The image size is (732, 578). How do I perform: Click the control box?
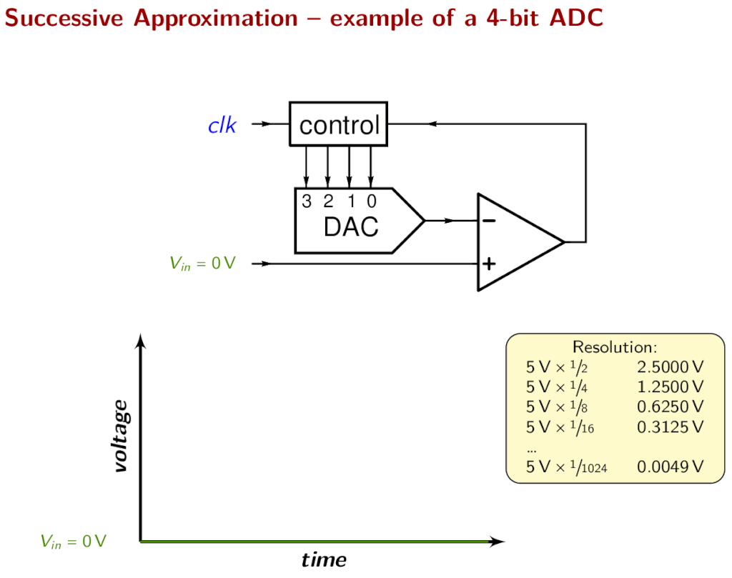click(338, 124)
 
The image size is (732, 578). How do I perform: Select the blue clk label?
click(222, 126)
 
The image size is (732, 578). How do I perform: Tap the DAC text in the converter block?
click(350, 227)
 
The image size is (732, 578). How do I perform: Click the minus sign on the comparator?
click(489, 221)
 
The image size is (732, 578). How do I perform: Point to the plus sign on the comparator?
click(489, 264)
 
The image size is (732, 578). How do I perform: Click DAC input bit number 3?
click(307, 202)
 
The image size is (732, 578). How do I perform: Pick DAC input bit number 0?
click(371, 202)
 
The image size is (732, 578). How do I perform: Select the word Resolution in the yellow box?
click(614, 347)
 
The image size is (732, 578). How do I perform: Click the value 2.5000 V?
click(670, 367)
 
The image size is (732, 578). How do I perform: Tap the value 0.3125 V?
click(670, 427)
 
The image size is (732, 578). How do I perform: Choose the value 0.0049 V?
click(670, 467)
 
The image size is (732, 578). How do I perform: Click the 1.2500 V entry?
click(670, 387)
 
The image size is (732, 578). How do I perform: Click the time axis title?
click(324, 559)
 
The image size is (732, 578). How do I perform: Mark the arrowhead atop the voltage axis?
click(141, 341)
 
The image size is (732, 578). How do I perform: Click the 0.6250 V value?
click(670, 407)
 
